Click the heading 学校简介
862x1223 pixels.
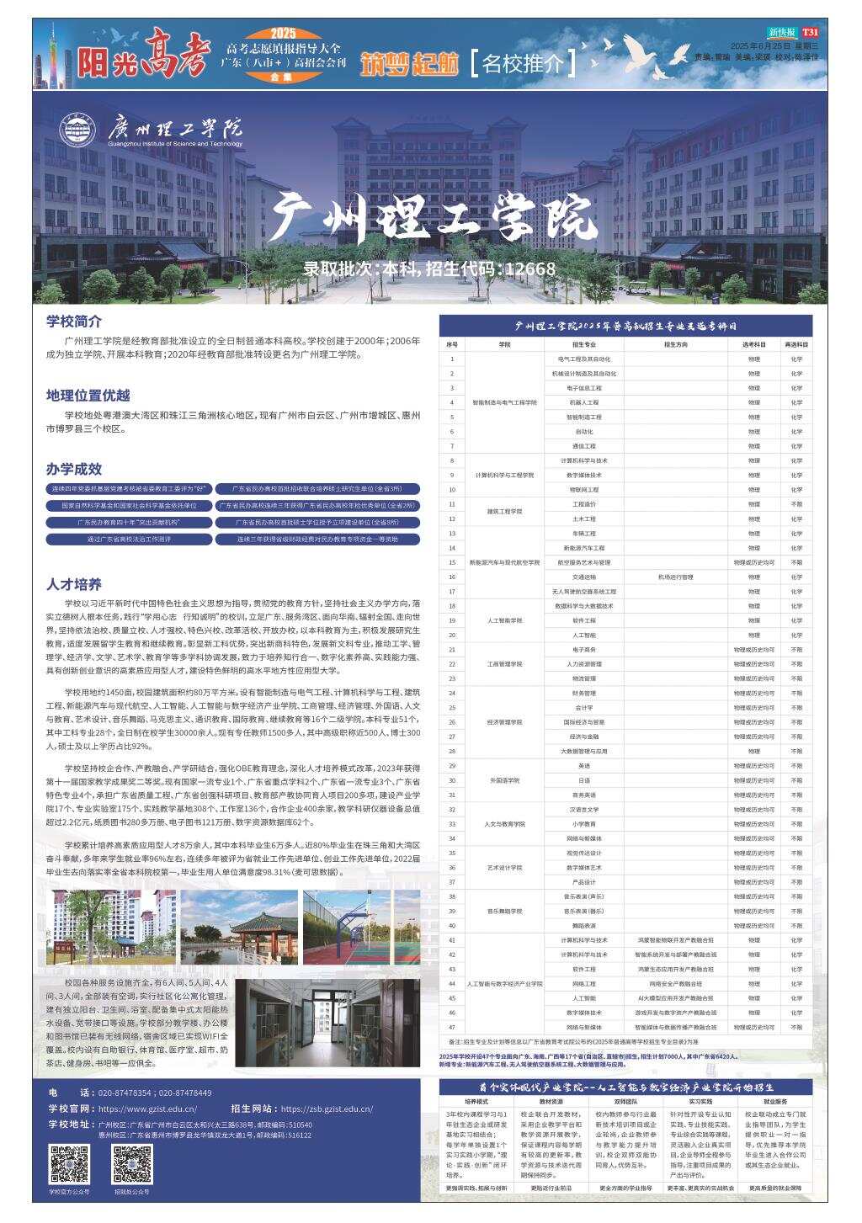click(x=74, y=321)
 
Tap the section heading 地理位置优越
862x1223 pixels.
click(x=88, y=396)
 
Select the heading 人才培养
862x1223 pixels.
click(x=74, y=584)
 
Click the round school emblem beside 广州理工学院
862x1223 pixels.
click(x=77, y=128)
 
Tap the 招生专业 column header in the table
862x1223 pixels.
click(x=584, y=344)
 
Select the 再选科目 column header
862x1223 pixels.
click(x=796, y=344)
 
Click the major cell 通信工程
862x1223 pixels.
click(x=584, y=446)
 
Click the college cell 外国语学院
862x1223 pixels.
click(x=504, y=780)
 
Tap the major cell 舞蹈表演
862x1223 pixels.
click(x=584, y=925)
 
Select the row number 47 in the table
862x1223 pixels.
click(x=452, y=1027)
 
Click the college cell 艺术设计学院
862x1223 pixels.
click(x=504, y=867)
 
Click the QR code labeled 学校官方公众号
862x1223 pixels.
click(x=69, y=1164)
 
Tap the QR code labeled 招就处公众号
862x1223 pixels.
click(x=132, y=1164)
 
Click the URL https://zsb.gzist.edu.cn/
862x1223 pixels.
click(x=327, y=1109)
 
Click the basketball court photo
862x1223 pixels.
click(x=361, y=928)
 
